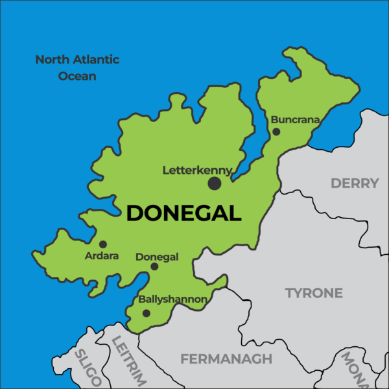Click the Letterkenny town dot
(x=215, y=183)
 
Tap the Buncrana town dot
(x=276, y=132)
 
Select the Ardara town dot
(x=102, y=244)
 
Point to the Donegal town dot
(x=154, y=266)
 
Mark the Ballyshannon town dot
(x=147, y=313)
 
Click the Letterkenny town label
(x=197, y=171)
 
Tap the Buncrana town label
(x=296, y=120)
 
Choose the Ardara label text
(x=102, y=256)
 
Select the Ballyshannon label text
(x=173, y=300)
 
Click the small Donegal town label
(x=157, y=257)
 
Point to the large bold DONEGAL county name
(x=183, y=213)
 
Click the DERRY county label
(x=355, y=183)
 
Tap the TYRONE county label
(x=314, y=293)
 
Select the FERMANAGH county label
(x=226, y=359)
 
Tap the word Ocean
(x=77, y=76)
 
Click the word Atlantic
(x=95, y=60)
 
